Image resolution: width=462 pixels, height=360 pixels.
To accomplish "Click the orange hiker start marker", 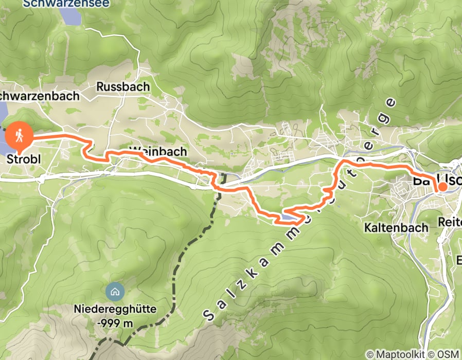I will click(x=20, y=136).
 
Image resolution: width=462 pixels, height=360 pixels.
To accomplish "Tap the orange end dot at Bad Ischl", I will click(x=442, y=187).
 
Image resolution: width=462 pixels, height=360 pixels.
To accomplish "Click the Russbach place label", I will click(x=123, y=86).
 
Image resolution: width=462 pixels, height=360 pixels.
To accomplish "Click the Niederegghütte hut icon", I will click(x=114, y=292).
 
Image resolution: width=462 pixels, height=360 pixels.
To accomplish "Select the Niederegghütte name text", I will click(x=114, y=311).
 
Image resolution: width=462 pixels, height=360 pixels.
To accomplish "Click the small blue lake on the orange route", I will click(x=288, y=219).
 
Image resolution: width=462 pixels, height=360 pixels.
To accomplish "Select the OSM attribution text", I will click(x=448, y=354).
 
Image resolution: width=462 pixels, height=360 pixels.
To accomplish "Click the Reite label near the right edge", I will click(x=450, y=222).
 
